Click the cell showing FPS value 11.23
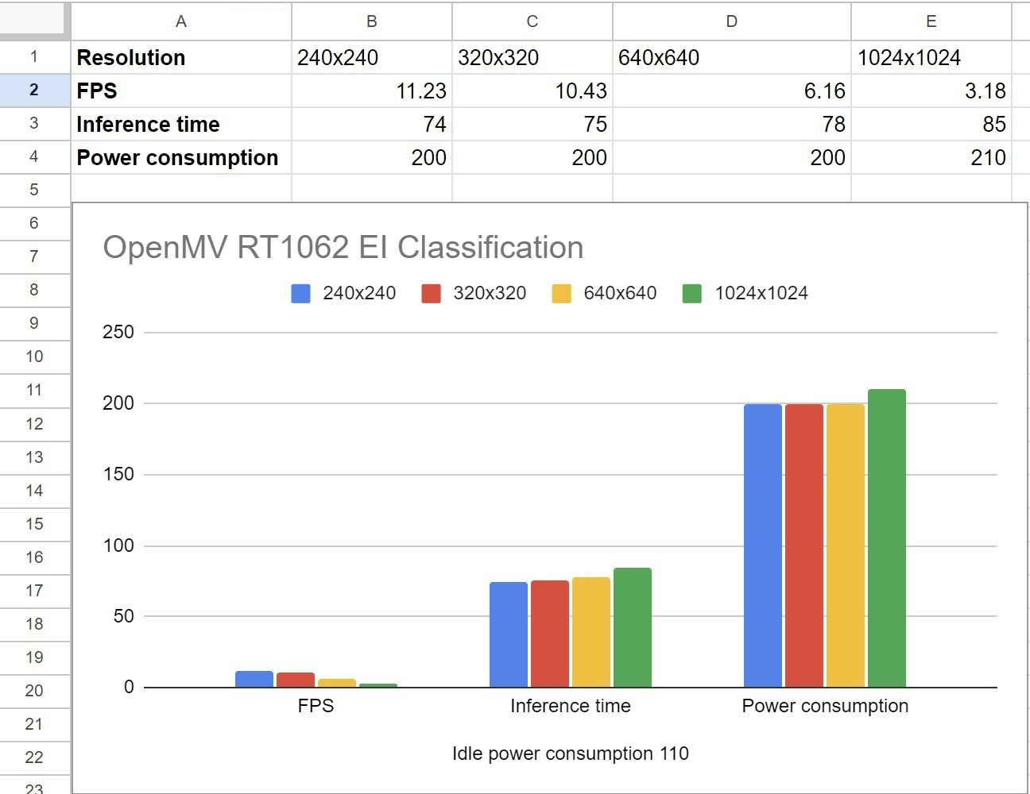(371, 91)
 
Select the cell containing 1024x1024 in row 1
(930, 57)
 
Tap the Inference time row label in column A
(180, 124)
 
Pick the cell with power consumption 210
(930, 157)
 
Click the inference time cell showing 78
(731, 124)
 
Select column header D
(731, 21)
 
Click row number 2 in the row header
(34, 90)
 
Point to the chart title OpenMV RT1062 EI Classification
(343, 247)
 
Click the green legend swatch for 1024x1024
(691, 294)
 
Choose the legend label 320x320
(490, 293)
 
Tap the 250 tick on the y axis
(118, 332)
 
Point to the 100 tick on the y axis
(118, 545)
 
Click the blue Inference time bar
(509, 634)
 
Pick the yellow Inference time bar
(591, 632)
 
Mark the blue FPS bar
(254, 679)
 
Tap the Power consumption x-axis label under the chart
(825, 706)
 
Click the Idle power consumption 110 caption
(570, 754)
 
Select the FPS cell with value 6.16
(731, 91)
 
